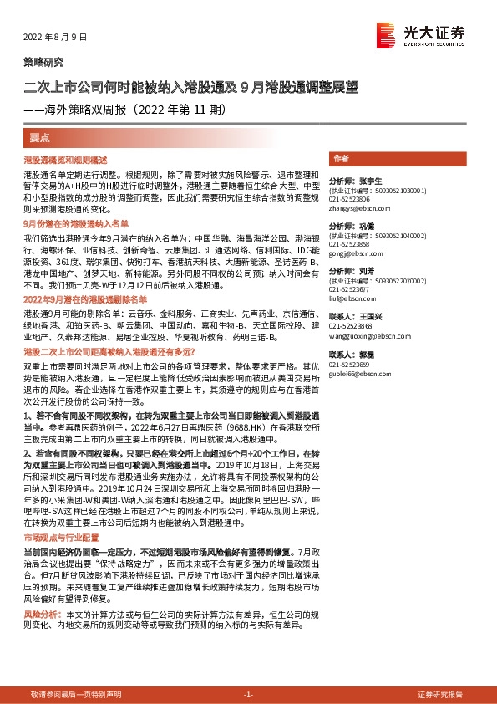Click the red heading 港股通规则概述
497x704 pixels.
coord(53,159)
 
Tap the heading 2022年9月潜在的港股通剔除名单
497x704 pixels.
coord(84,298)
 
